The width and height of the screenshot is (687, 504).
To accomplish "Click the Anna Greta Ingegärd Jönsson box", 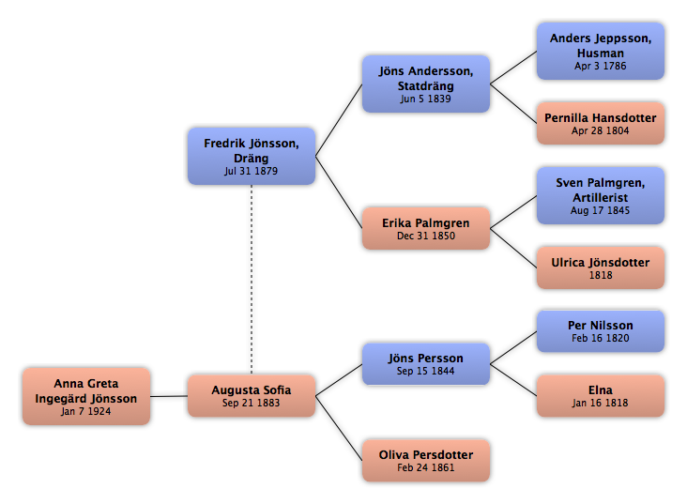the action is pos(86,396).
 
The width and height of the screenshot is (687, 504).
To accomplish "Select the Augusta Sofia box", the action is pos(252,396).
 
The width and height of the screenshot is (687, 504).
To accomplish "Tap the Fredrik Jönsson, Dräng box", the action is pos(252,156).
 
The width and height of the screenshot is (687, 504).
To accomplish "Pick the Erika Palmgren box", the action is pos(426,228).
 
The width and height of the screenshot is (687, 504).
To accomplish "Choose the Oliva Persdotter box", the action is pos(426,461).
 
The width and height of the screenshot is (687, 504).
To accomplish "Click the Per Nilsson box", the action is pos(601,331).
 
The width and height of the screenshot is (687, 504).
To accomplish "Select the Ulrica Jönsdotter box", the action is pos(601,267).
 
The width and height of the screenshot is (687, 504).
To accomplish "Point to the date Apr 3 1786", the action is pos(601,67).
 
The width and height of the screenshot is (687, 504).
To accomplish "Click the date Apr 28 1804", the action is pos(601,130).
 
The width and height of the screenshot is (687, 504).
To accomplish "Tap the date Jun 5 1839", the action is pos(425,99).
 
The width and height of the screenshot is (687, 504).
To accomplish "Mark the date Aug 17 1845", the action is pos(601,210).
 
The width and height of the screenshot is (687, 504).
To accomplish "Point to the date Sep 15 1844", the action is pos(425,372).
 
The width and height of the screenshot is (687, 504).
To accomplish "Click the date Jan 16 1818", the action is pos(601,403).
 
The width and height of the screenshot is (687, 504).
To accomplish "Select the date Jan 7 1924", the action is pos(86,411).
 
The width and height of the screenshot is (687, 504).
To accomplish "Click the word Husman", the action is pos(601,53).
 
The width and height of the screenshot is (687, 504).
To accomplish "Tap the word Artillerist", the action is pos(601,198).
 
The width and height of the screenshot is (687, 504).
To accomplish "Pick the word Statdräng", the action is pos(425,86).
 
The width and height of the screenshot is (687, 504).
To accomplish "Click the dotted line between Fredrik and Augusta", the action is pos(252,280).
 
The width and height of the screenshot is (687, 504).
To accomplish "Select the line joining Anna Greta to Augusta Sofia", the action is pos(169,396).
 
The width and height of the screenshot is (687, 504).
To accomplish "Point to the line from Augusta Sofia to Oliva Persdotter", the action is pos(339,428).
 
